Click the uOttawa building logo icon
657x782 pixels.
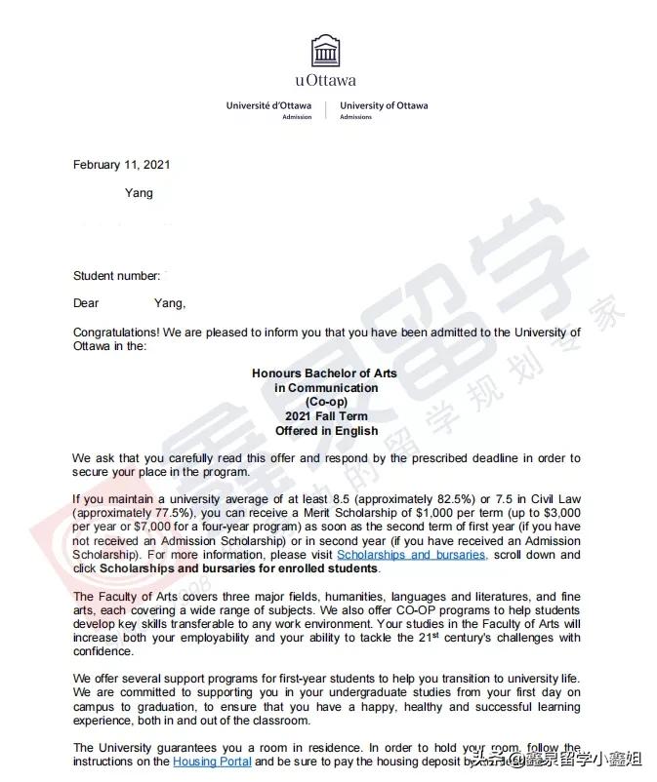point(326,51)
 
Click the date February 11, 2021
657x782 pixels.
point(121,165)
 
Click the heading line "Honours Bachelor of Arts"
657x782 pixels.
point(325,373)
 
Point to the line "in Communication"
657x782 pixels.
point(325,388)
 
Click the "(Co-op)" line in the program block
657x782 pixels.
point(325,402)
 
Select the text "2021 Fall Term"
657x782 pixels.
point(325,416)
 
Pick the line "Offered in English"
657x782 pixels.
point(325,431)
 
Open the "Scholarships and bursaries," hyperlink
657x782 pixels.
point(411,555)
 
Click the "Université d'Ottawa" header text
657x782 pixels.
point(268,105)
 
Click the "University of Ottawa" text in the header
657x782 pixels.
point(384,105)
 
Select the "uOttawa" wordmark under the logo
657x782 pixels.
point(325,81)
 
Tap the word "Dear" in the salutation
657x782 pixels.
point(86,303)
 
